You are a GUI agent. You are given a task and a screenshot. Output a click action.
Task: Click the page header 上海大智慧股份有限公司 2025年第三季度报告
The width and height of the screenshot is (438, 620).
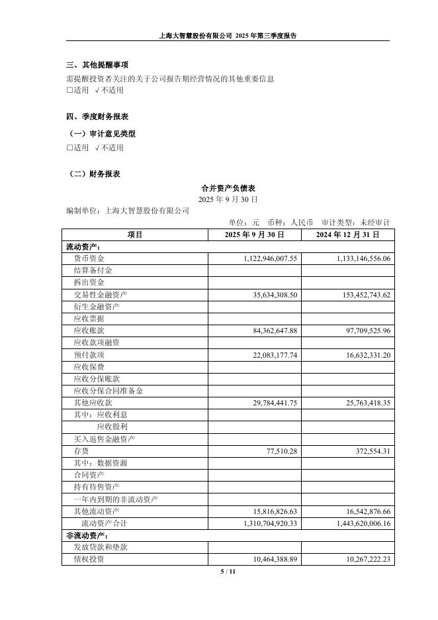(x=228, y=36)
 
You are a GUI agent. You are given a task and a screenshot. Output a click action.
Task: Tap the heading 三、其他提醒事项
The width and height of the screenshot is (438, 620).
(x=97, y=65)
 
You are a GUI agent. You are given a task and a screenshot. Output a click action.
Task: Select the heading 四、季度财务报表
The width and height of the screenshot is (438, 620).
(x=97, y=117)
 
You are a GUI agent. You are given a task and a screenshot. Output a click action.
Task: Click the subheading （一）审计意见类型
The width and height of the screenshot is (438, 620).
(x=102, y=134)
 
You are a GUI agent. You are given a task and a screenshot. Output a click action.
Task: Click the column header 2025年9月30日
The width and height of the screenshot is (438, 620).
(x=254, y=234)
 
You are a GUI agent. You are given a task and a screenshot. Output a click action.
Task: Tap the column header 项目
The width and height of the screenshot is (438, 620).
(x=135, y=234)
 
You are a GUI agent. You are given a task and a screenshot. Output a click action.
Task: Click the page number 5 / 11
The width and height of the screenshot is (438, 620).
(x=228, y=571)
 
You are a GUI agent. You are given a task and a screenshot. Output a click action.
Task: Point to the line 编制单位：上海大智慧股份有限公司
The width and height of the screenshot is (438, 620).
(x=128, y=211)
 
